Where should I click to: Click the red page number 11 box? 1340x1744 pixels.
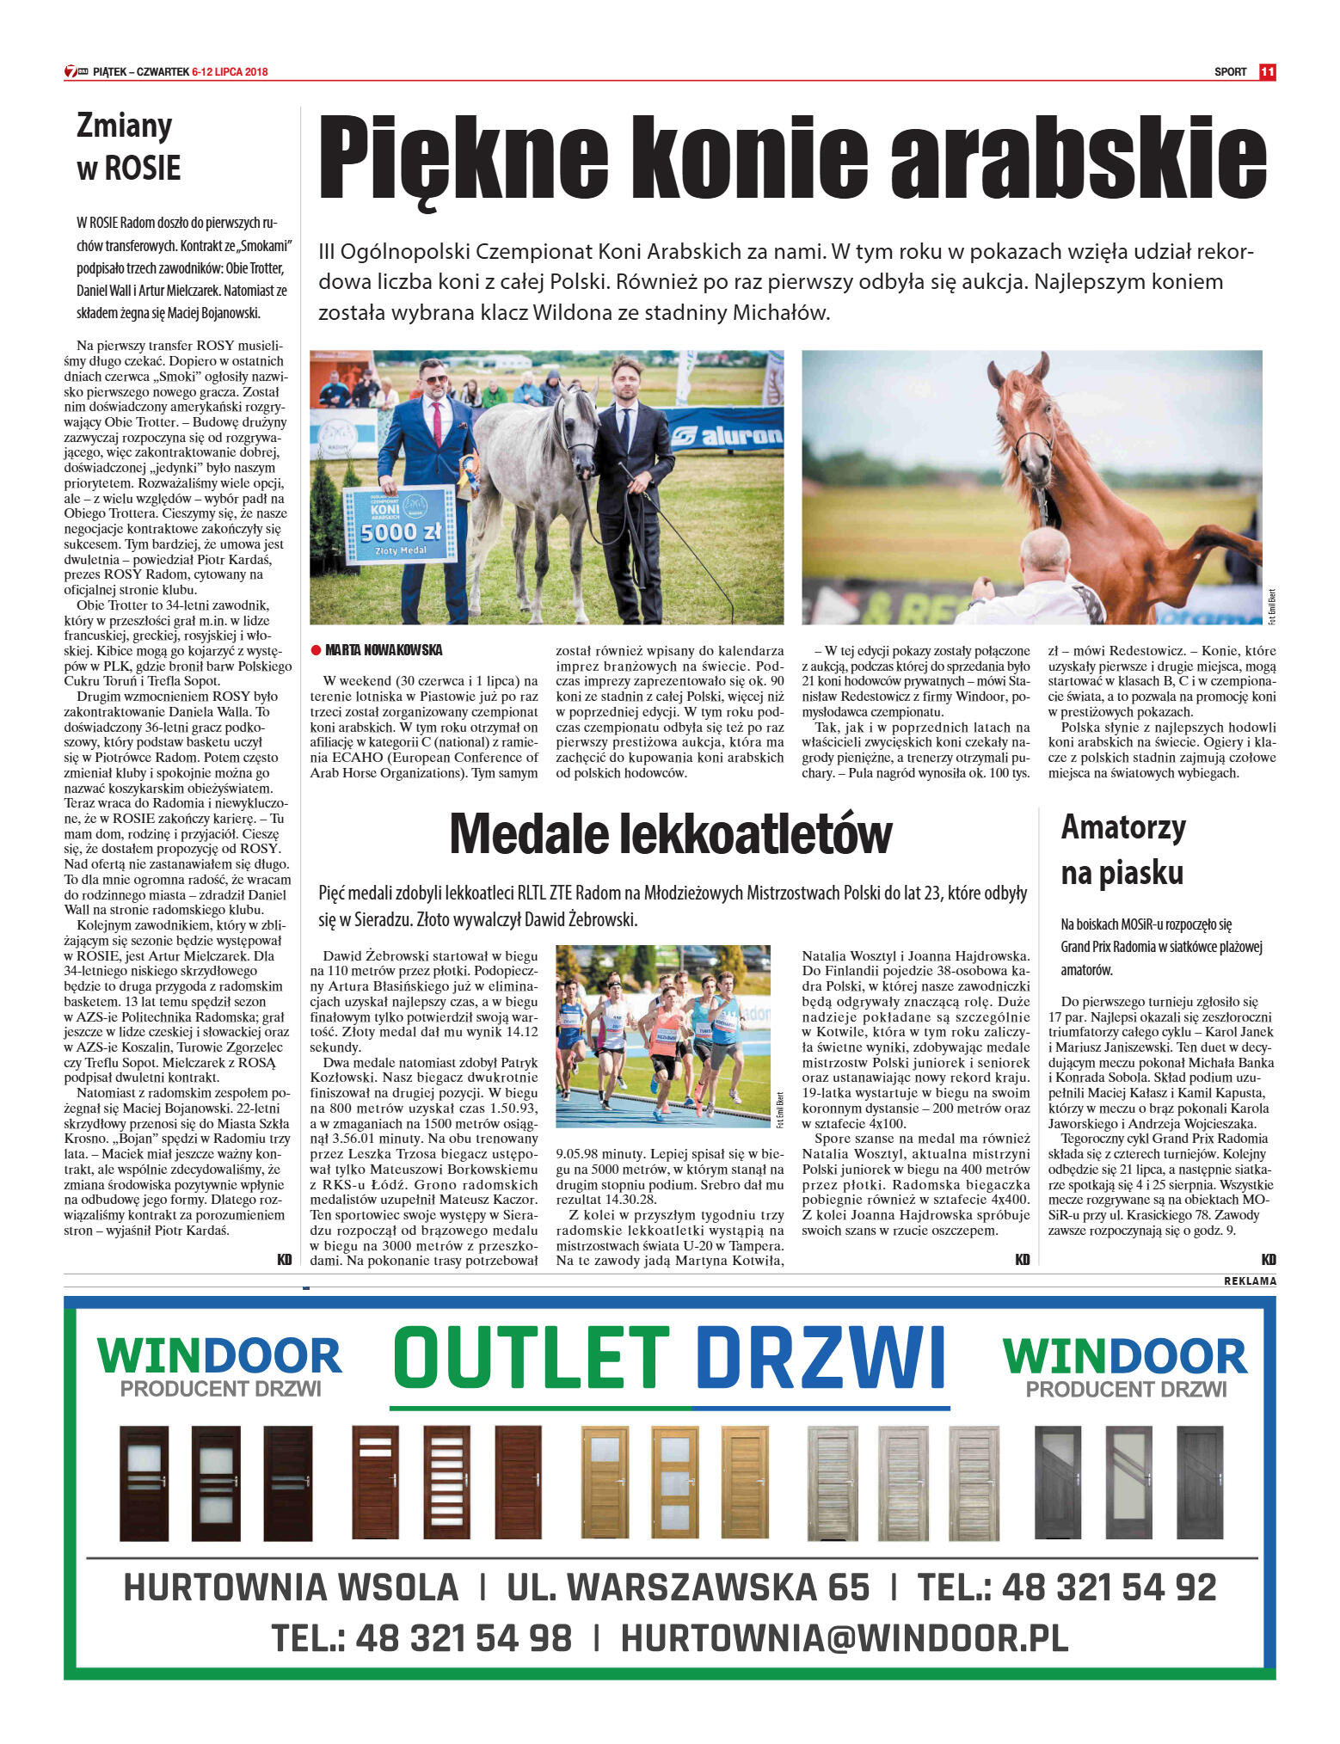1266,72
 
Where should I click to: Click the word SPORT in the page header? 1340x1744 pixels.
1230,72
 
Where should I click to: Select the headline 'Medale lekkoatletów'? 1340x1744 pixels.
670,833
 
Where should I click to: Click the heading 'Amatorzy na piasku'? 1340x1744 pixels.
1122,850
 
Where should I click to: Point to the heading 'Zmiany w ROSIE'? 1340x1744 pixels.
129,147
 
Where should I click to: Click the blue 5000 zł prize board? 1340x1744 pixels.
400,524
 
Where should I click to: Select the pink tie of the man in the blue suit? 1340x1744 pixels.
438,421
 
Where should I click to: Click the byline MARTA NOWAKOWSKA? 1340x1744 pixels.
384,650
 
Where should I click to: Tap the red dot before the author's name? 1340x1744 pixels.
316,650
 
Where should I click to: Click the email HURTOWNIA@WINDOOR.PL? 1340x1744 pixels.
844,1638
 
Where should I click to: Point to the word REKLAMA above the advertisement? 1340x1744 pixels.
1250,1281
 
